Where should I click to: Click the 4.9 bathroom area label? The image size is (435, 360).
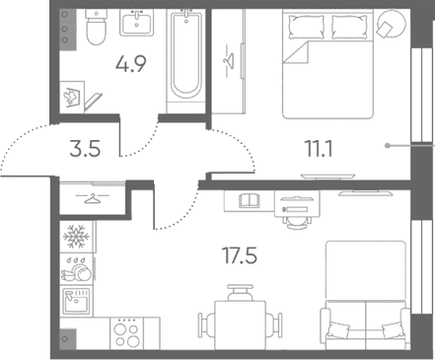pyautogui.click(x=130, y=64)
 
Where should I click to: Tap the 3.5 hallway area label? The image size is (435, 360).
pyautogui.click(x=85, y=149)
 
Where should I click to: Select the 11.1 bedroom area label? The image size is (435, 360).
pyautogui.click(x=319, y=149)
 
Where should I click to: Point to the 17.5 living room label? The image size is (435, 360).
pyautogui.click(x=240, y=255)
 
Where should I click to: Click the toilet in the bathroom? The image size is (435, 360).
pyautogui.click(x=96, y=27)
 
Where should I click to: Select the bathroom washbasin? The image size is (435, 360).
pyautogui.click(x=136, y=23)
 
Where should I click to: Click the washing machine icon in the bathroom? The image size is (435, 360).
pyautogui.click(x=72, y=96)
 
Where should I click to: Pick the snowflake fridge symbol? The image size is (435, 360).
pyautogui.click(x=76, y=237)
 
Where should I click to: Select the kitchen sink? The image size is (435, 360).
pyautogui.click(x=77, y=302)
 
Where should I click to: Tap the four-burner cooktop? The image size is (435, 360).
pyautogui.click(x=127, y=333)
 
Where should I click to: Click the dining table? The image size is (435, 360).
pyautogui.click(x=240, y=325)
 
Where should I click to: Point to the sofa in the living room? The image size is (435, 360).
pyautogui.click(x=365, y=325)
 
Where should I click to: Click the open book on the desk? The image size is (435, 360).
pyautogui.click(x=250, y=200)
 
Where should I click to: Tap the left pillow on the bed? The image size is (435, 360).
pyautogui.click(x=305, y=27)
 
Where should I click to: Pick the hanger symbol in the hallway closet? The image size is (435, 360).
pyautogui.click(x=92, y=198)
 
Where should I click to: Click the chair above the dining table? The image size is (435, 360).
pyautogui.click(x=241, y=293)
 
